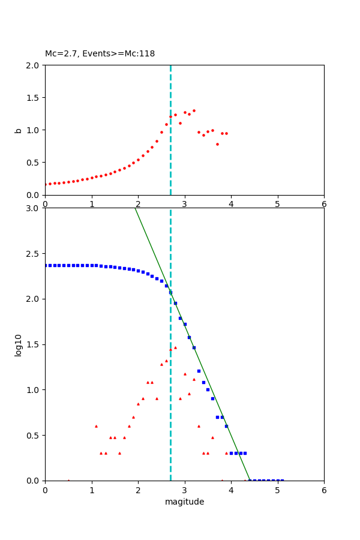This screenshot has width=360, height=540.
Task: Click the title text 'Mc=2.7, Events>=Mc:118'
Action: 100,54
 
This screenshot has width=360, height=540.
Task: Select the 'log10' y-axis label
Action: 18,344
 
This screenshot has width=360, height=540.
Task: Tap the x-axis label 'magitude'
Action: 184,502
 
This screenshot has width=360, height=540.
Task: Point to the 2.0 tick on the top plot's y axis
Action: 33,65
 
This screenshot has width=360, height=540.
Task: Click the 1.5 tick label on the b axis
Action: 33,98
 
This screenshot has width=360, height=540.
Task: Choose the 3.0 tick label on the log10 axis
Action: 33,208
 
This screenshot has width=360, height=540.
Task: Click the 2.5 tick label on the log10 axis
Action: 33,254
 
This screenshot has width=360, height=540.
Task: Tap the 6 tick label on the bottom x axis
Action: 324,490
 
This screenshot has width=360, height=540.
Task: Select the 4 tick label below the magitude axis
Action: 231,490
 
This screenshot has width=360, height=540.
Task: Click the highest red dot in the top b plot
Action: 194,110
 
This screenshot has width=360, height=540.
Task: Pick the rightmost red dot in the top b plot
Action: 226,133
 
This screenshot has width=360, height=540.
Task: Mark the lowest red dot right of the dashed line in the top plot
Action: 217,144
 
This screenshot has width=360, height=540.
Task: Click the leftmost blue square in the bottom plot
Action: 46,265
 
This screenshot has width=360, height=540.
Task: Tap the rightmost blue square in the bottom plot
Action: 282,480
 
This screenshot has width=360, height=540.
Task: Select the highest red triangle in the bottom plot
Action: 175,347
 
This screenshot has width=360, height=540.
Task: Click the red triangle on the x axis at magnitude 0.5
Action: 68,480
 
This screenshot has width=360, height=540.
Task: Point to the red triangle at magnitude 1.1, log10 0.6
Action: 96,426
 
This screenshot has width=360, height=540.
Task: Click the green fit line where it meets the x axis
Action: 250,480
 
